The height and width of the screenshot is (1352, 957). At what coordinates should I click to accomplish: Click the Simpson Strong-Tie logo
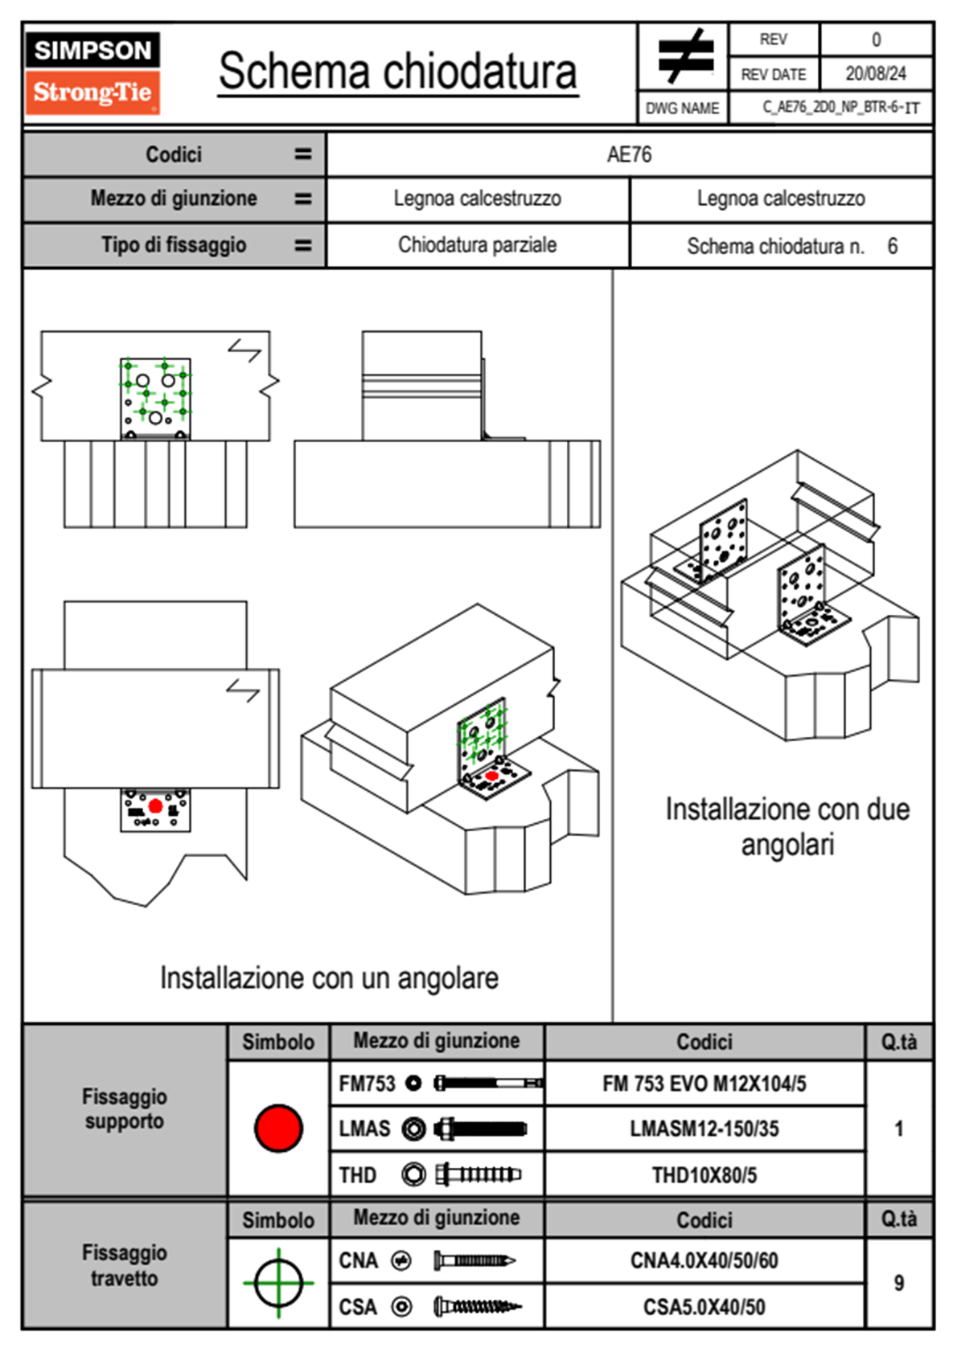(x=92, y=73)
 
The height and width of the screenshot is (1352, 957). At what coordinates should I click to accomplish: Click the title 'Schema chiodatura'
(x=397, y=72)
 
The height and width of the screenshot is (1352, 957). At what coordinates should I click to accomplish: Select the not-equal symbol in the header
(x=684, y=57)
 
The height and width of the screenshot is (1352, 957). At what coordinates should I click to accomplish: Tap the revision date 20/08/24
(x=875, y=74)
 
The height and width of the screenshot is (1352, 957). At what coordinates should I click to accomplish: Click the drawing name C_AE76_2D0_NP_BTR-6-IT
(x=840, y=108)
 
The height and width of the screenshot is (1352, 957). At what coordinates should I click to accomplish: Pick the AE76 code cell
(x=629, y=154)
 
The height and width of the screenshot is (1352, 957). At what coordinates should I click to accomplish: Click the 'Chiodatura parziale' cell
(x=477, y=245)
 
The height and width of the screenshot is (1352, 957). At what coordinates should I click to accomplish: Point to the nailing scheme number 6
(x=892, y=246)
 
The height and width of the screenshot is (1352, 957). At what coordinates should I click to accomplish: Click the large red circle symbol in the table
(x=278, y=1128)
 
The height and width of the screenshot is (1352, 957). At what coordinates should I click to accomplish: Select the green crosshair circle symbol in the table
(x=278, y=1283)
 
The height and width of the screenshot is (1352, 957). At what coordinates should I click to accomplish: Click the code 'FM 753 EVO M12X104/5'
(x=704, y=1084)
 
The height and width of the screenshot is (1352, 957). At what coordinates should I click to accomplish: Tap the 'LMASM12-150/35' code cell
(x=704, y=1129)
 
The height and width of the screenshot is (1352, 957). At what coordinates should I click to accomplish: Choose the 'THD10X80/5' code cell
(x=704, y=1175)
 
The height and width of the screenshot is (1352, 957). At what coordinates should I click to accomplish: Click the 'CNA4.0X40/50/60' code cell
(x=704, y=1260)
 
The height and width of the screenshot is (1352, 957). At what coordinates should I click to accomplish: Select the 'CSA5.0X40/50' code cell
(x=704, y=1307)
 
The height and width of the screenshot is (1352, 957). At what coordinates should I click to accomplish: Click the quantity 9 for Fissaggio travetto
(x=898, y=1283)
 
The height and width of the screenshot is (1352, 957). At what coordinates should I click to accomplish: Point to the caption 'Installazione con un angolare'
(x=329, y=978)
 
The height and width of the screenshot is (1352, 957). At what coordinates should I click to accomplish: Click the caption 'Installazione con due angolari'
(x=787, y=826)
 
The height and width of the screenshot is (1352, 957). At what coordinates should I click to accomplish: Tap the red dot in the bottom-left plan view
(x=155, y=805)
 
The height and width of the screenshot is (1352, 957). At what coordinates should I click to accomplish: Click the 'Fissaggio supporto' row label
(x=125, y=1108)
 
